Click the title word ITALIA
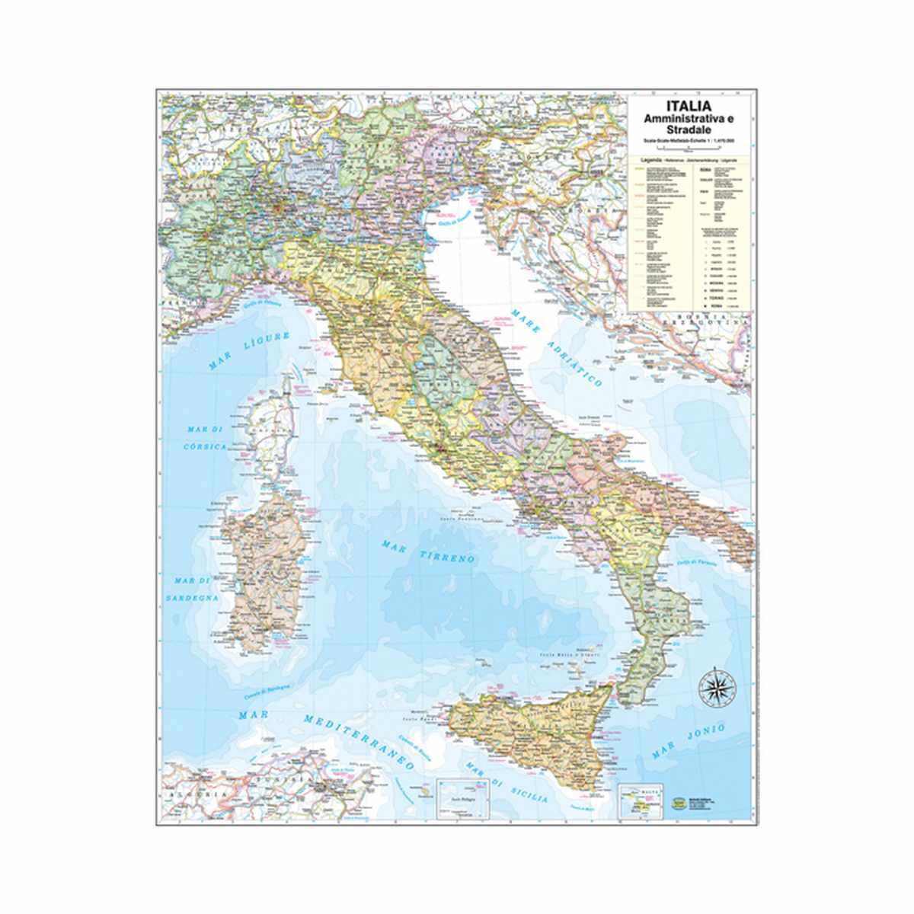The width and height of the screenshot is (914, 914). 689,107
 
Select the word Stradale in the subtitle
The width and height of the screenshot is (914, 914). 689,132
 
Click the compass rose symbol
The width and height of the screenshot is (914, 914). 716,685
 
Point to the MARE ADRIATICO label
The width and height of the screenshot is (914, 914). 556,347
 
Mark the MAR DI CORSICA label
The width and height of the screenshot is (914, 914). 206,439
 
